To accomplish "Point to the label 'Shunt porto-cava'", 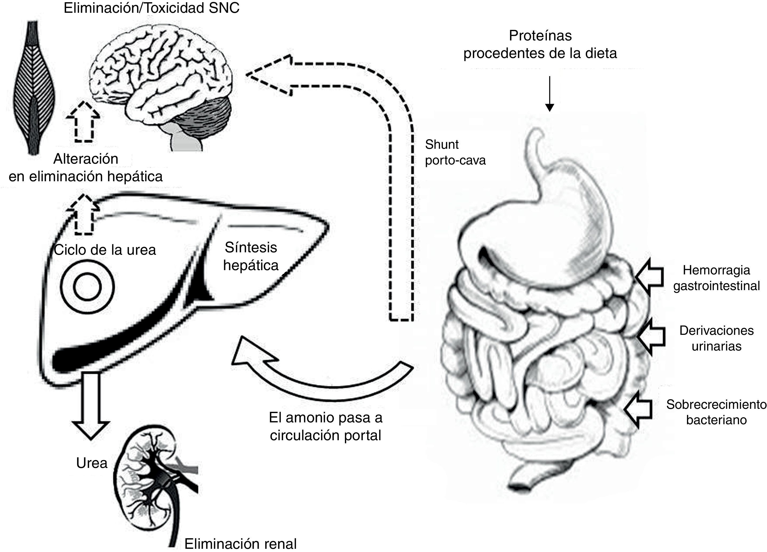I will coord(455,152).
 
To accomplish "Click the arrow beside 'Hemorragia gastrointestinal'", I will coord(649,277).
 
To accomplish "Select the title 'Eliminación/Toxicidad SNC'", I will coord(151,8).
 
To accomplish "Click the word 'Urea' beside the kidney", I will coord(92,463).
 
